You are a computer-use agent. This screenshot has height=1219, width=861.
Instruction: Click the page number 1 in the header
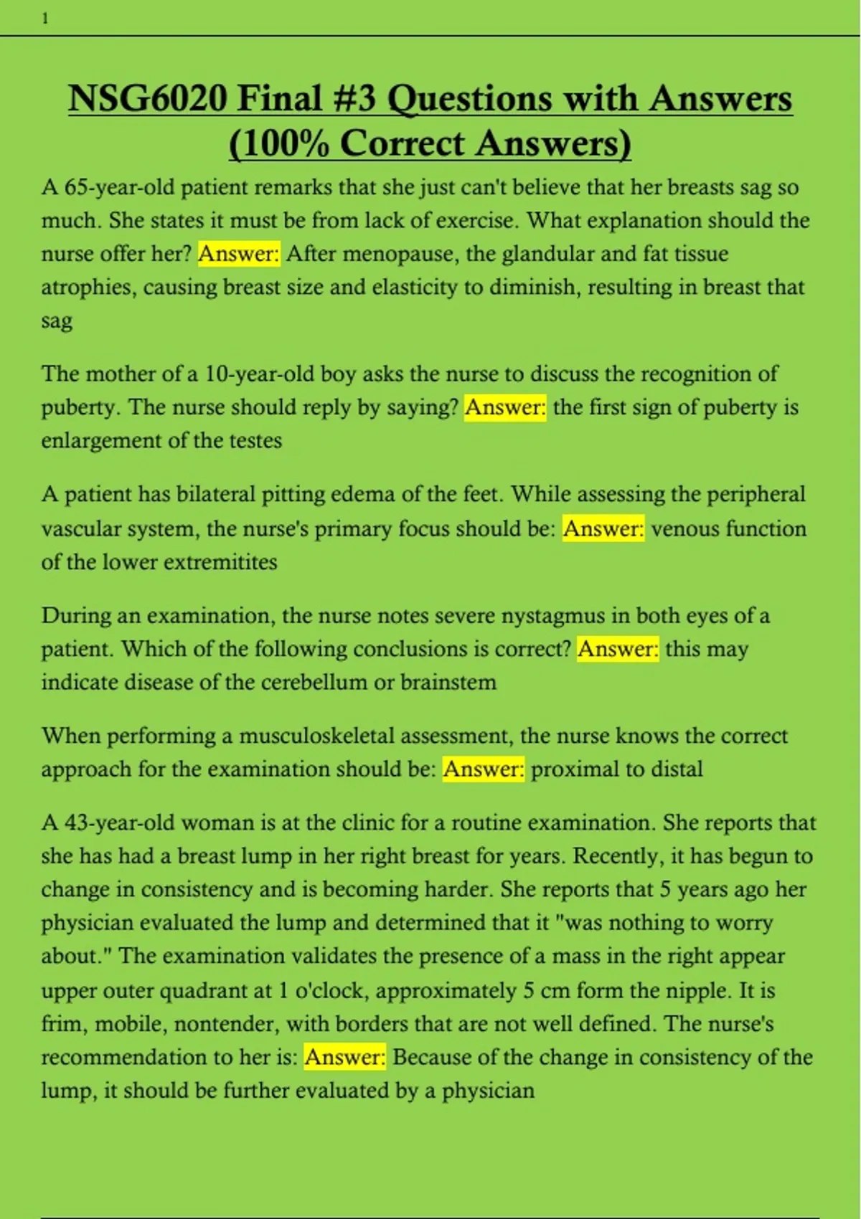tap(45, 19)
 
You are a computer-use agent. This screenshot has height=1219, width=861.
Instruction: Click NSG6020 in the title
tap(147, 99)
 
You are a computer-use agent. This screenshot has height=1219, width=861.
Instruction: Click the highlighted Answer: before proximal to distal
tap(484, 769)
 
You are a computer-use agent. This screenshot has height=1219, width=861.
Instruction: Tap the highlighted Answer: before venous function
tap(603, 529)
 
